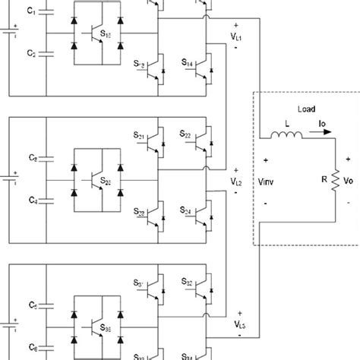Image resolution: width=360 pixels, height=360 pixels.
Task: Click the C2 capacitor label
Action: pos(31,55)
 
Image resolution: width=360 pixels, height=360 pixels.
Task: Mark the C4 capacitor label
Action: pos(31,201)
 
